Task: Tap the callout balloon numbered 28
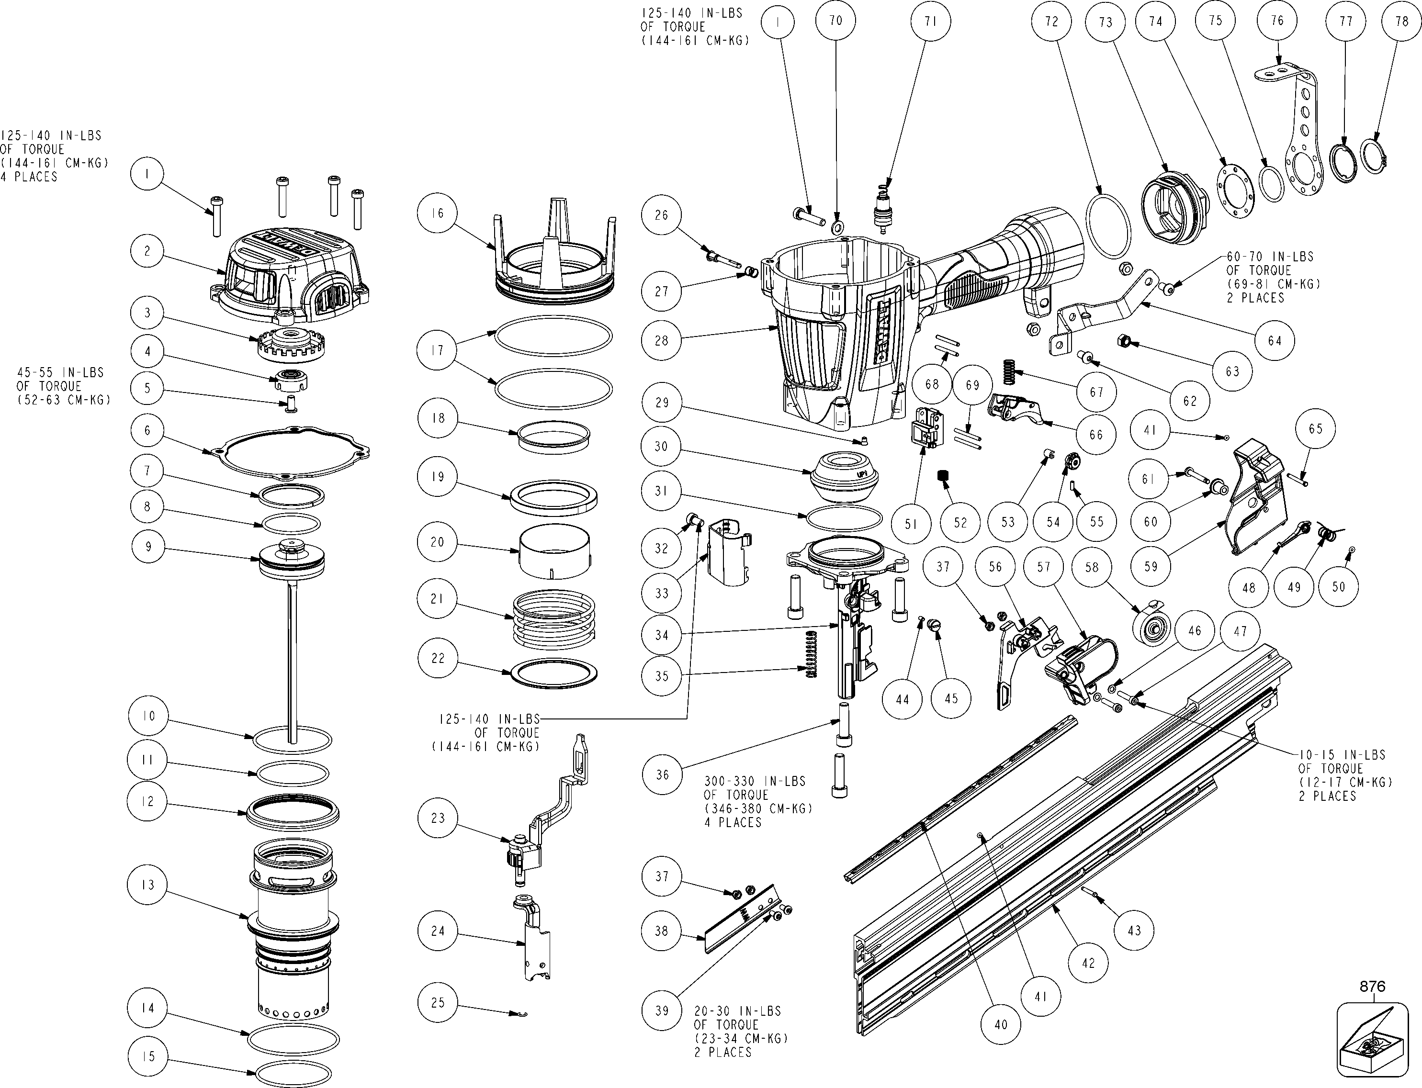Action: (661, 339)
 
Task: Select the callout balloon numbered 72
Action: (1051, 22)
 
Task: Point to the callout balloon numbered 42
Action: (1088, 963)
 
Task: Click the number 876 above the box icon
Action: (1372, 987)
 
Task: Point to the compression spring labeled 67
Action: (1009, 375)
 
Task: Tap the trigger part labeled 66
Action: (1018, 409)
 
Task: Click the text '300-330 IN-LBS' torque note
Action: (755, 781)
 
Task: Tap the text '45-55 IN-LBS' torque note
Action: (60, 372)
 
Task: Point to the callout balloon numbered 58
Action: (1092, 567)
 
